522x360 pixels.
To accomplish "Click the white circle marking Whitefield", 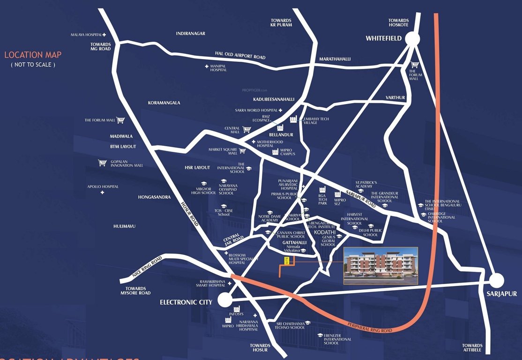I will point(412,39).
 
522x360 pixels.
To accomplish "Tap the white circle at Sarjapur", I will point(496,281).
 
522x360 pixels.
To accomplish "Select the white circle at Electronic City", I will point(225,300).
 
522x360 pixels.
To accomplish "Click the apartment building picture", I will point(380,266).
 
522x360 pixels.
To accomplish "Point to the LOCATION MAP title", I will point(33,55).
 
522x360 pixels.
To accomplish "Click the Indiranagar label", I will point(191,34).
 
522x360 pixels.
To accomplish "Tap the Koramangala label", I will point(164,103).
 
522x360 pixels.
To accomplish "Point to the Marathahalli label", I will point(335,59).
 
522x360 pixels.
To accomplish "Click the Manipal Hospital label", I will point(218,68).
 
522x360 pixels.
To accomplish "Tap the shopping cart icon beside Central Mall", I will point(247,128).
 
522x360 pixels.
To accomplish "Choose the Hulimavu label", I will point(124,226).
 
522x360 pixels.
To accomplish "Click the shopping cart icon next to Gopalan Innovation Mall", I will point(102,163).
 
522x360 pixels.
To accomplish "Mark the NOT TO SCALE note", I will point(33,65).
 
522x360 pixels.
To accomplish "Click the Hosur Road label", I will point(190,214).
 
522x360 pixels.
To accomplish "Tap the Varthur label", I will point(395,97).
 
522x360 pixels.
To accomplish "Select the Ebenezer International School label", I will point(334,339).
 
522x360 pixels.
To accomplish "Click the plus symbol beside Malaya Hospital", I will point(104,35).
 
